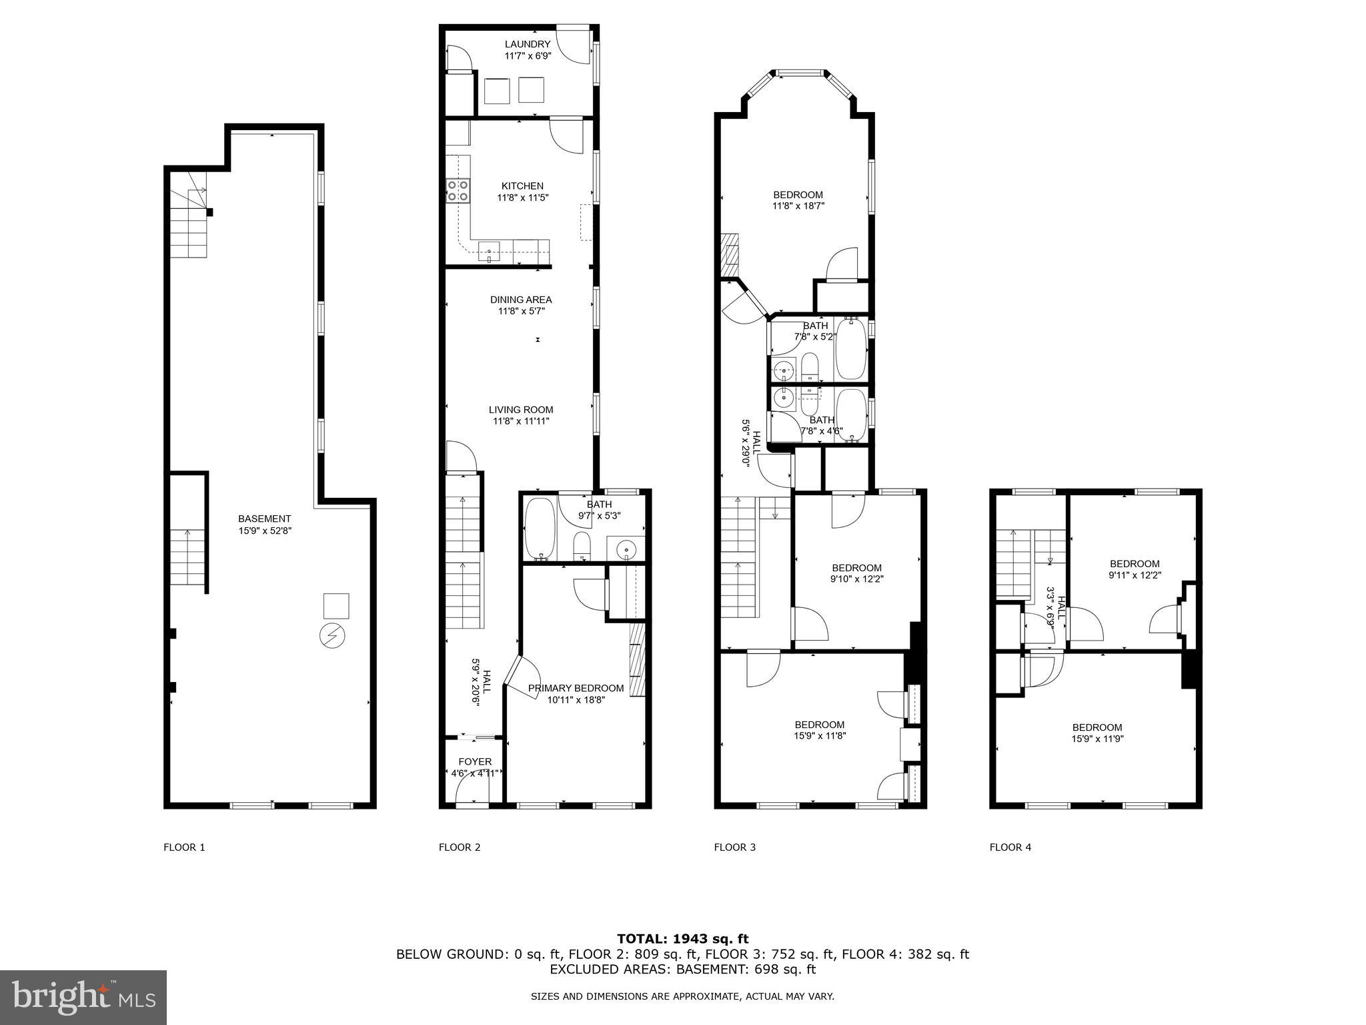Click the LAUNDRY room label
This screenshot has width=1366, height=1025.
click(527, 45)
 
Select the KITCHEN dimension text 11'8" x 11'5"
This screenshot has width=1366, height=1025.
click(522, 198)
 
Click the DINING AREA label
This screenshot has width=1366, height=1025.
click(521, 300)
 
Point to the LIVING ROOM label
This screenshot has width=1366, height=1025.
click(521, 410)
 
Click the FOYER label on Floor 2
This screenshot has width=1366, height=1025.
click(475, 761)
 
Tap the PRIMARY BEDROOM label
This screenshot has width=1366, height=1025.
click(576, 688)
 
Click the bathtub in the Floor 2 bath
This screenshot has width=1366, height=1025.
click(539, 529)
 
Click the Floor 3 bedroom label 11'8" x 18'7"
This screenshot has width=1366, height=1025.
click(798, 200)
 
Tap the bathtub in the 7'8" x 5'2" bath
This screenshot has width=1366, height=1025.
click(850, 349)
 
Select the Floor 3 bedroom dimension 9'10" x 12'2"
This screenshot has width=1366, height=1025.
click(857, 579)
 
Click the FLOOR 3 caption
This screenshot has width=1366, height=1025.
click(734, 847)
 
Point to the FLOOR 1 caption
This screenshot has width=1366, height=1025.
click(184, 847)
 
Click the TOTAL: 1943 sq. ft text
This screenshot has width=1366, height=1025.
click(682, 939)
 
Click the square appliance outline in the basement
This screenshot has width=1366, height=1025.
click(336, 606)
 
